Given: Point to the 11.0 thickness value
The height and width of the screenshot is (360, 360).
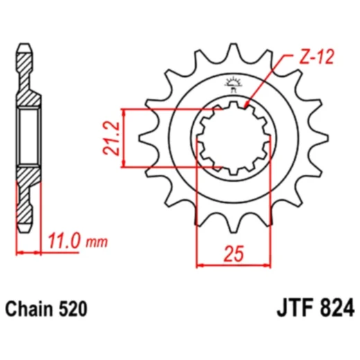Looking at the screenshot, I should coord(66,242).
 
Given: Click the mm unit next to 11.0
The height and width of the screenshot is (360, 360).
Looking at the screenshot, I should coord(98,243).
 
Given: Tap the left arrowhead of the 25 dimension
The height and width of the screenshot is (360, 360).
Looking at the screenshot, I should coord(201,264).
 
